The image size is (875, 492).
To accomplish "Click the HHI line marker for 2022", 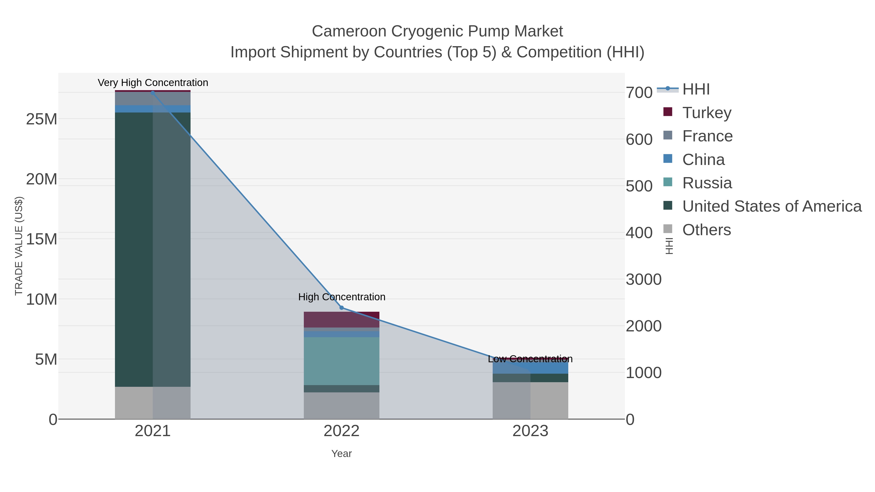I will tap(341, 308).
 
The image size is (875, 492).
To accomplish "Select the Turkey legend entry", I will tap(707, 112).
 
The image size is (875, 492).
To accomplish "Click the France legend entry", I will tap(707, 136).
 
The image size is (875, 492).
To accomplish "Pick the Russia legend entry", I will tap(707, 183).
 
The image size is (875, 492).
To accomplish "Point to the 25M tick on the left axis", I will tap(41, 119).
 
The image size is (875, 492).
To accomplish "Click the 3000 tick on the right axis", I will tap(643, 279).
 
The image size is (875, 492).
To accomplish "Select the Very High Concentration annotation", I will tap(153, 83).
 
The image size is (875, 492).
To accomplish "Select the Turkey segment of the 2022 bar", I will tap(341, 319).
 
